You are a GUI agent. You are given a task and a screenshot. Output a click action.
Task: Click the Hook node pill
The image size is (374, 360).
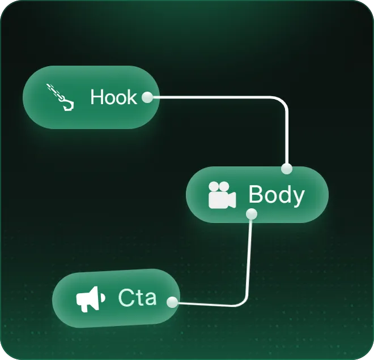[x=90, y=97]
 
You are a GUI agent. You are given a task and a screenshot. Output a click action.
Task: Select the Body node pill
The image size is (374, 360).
[x=257, y=195]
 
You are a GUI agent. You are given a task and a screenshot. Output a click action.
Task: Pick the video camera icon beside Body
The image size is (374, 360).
[x=222, y=195]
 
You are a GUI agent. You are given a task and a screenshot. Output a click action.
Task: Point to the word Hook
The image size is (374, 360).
[x=113, y=97]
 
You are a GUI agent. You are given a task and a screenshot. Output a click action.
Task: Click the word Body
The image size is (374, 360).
[x=277, y=195]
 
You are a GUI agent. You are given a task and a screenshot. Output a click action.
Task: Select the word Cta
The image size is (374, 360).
[x=137, y=297]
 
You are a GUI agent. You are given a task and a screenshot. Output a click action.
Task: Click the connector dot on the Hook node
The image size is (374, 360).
[x=147, y=97]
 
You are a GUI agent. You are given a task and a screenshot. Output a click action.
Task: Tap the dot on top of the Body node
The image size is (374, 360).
[x=287, y=169]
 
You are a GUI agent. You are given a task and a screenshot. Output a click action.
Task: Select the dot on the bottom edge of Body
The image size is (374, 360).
[x=252, y=214]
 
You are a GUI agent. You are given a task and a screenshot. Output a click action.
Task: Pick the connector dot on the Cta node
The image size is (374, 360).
[x=171, y=302]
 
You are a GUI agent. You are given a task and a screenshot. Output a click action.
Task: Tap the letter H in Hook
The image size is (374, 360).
[x=97, y=97]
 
